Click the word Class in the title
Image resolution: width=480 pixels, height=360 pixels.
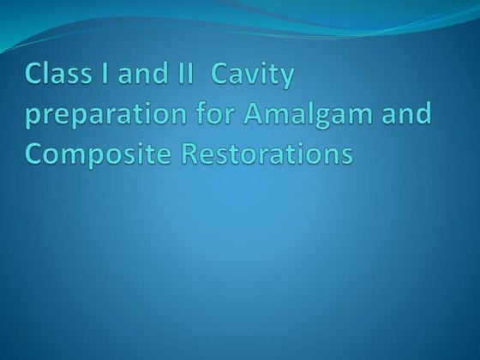click(x=55, y=75)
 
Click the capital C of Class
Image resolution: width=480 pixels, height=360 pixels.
click(x=33, y=75)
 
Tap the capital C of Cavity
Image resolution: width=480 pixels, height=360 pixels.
click(x=220, y=75)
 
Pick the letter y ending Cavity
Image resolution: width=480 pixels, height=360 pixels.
click(x=286, y=80)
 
